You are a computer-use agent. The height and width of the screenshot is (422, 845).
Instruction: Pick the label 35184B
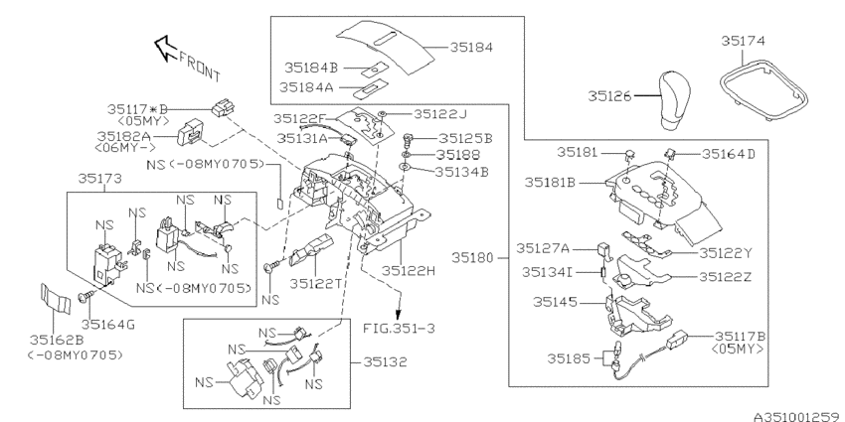pos(311,69)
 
